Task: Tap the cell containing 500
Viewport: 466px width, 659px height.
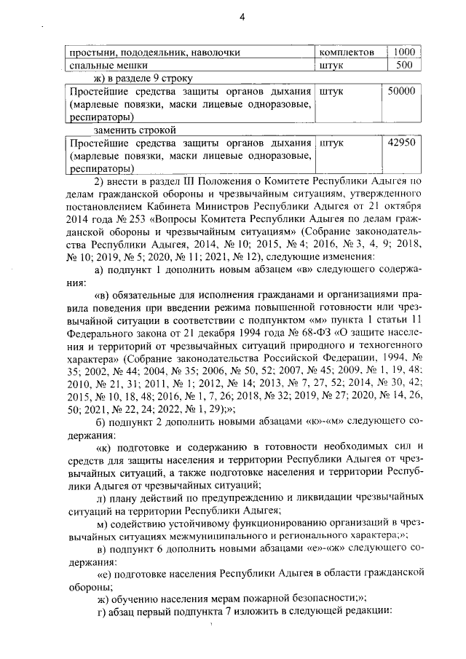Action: click(x=405, y=65)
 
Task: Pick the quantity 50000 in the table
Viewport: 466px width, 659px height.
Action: click(x=401, y=92)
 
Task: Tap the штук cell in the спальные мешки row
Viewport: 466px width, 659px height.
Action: click(x=331, y=65)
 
